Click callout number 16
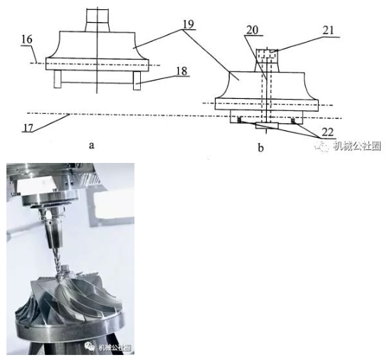[27, 40]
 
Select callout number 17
[28, 127]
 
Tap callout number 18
[182, 71]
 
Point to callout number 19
[189, 24]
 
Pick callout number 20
[252, 30]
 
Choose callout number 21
[328, 31]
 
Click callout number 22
[327, 132]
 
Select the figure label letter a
[92, 145]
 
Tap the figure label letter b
[260, 148]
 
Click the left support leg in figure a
[57, 79]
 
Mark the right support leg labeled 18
[137, 80]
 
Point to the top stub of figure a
[97, 20]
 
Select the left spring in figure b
[239, 120]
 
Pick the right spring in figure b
[293, 121]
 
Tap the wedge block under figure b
[267, 126]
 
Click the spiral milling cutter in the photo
[57, 264]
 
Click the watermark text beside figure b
[357, 146]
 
